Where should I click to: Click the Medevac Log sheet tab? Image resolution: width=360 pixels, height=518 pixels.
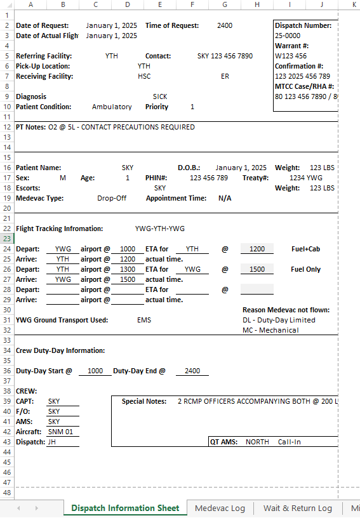(x=220, y=508)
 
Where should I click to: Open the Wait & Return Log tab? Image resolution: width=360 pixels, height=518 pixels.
(x=297, y=508)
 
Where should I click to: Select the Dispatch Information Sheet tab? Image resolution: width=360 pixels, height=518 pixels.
(x=125, y=508)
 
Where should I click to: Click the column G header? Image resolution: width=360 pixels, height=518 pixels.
(x=225, y=5)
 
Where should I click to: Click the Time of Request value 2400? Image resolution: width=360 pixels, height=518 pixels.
(x=225, y=25)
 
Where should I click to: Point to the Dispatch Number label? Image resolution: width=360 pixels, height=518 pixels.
(x=303, y=25)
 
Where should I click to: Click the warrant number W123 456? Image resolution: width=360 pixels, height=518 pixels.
(x=291, y=56)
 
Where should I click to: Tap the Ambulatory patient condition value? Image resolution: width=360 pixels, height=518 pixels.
(x=112, y=107)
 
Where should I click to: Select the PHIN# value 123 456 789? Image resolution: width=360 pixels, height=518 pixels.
(x=209, y=178)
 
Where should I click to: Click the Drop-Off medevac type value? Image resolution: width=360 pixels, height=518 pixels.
(x=112, y=198)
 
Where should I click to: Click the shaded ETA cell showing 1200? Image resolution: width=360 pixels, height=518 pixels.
(x=257, y=249)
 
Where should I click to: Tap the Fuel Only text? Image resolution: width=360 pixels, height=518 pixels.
(x=305, y=269)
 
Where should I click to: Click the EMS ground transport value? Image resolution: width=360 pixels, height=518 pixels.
(x=144, y=320)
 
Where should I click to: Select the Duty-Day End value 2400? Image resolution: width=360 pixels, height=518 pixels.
(x=192, y=371)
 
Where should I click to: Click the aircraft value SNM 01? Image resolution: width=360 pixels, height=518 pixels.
(x=61, y=432)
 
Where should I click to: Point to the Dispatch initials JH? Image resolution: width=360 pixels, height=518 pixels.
(x=52, y=442)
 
